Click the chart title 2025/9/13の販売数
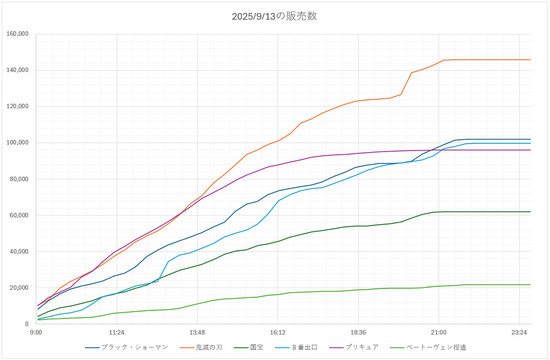[275, 17]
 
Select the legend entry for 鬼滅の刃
[209, 347]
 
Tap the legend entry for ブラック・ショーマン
[135, 347]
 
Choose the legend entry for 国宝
[257, 347]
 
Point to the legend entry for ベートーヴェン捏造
[436, 347]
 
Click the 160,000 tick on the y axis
[18, 34]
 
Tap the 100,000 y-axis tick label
[18, 143]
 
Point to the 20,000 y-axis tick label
[19, 288]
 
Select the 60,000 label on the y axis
[19, 215]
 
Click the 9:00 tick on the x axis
[36, 332]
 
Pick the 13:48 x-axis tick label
[197, 332]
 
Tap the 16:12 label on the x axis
[278, 332]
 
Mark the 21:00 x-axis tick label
[439, 332]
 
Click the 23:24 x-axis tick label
[519, 332]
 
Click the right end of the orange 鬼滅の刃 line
[530, 59]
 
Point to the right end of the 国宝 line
[530, 212]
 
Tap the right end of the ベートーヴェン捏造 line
[530, 284]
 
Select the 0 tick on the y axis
[27, 324]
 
